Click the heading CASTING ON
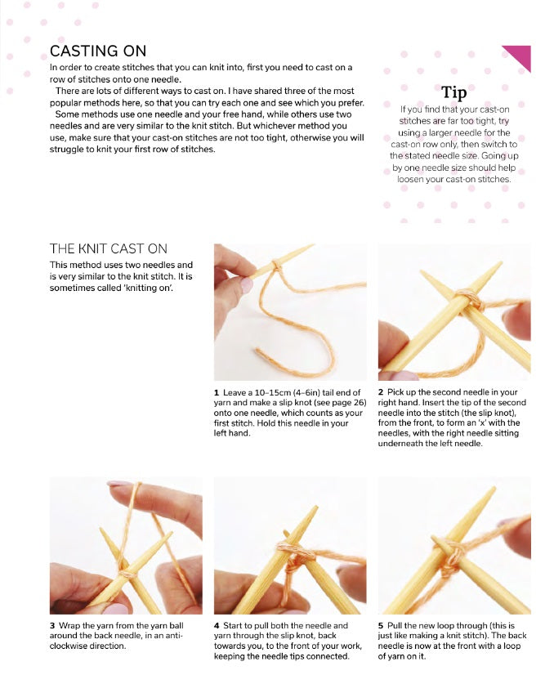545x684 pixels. click(98, 51)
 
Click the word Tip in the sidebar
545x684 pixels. click(453, 93)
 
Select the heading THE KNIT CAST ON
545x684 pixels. click(109, 248)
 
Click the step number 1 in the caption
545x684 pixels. click(217, 392)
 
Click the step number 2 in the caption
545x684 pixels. click(381, 392)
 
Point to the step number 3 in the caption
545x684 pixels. click(52, 625)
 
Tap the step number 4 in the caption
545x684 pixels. click(217, 625)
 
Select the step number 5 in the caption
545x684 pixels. click(381, 625)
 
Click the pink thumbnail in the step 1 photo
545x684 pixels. click(246, 285)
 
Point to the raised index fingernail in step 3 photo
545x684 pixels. click(118, 483)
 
